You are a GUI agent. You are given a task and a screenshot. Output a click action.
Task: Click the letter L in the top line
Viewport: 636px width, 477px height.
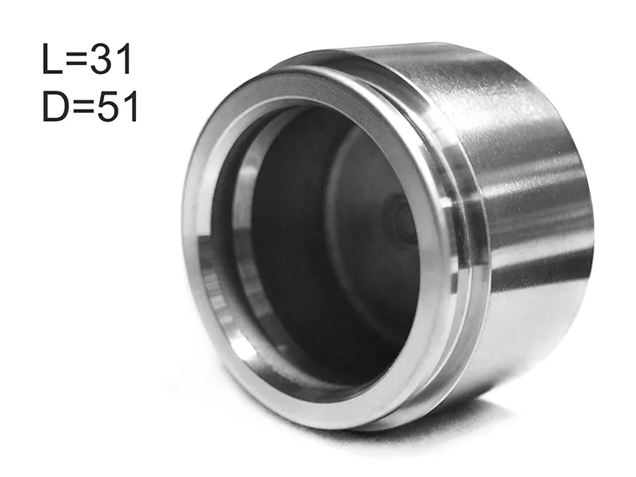[52, 59]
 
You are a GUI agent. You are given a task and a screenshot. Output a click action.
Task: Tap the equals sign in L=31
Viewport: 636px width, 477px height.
[76, 60]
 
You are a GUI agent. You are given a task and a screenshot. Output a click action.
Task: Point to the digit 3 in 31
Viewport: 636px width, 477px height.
[102, 59]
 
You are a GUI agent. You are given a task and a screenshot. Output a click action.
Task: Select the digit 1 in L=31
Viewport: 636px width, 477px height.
[124, 59]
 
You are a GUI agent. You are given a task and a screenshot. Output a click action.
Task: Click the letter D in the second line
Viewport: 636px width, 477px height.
[55, 107]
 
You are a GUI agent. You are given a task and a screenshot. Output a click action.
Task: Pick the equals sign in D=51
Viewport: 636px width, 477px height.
[83, 107]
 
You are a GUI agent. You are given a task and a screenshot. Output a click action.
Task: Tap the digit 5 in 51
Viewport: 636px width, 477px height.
[108, 107]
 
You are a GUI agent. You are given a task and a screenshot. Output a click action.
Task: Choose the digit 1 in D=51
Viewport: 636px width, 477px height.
[131, 107]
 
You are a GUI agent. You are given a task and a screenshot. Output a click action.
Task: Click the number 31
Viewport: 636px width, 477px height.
[111, 59]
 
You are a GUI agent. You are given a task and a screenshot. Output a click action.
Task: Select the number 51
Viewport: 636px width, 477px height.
[118, 107]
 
